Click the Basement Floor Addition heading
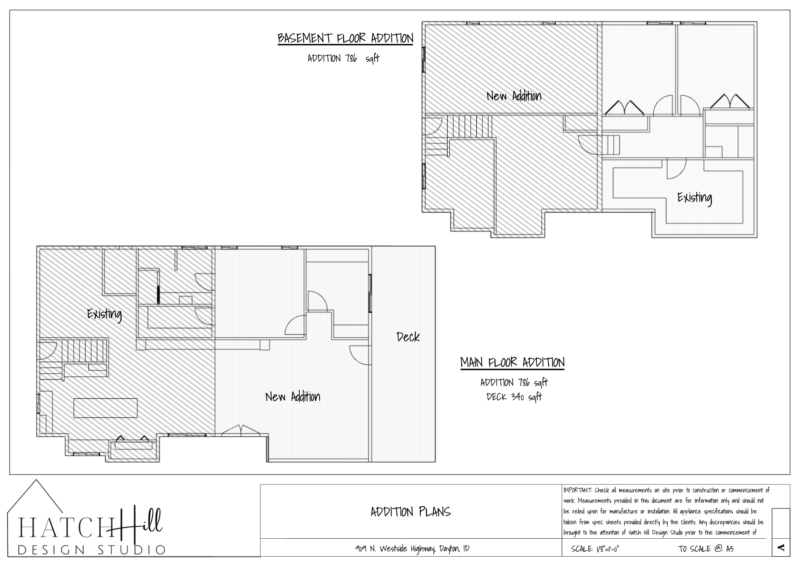[345, 38]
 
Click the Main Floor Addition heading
[512, 362]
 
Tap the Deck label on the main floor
[408, 337]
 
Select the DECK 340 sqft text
[514, 397]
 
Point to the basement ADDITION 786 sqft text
[343, 59]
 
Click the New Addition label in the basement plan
[514, 96]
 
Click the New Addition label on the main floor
[293, 397]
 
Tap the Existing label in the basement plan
[694, 198]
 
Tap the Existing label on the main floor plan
[104, 314]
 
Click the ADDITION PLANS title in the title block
[411, 512]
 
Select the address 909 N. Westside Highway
[413, 549]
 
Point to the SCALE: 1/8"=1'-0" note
[595, 549]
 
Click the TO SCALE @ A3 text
[706, 549]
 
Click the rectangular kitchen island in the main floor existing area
[106, 408]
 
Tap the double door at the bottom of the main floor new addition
[241, 429]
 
